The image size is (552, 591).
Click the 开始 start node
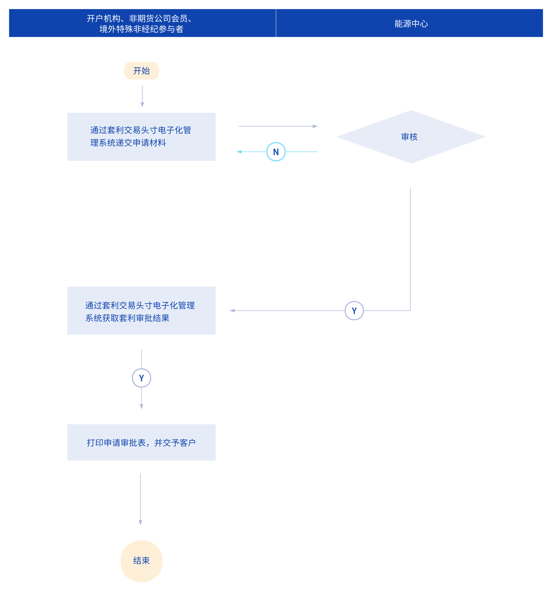(142, 71)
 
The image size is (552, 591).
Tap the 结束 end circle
(142, 561)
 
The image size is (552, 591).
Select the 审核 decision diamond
(411, 137)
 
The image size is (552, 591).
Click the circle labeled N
(276, 152)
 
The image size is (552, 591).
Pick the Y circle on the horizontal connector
(354, 311)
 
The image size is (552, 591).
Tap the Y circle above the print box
(142, 378)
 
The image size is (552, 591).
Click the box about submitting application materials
(142, 137)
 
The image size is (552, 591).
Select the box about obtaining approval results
(142, 311)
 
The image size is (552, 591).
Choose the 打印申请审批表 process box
(142, 442)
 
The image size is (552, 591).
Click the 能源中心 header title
(411, 24)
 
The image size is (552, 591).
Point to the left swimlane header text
(141, 24)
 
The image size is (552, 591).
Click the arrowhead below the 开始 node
(142, 105)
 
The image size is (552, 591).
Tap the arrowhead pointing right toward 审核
(315, 126)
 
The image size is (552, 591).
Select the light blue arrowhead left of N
(239, 152)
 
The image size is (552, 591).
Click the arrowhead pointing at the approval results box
(232, 311)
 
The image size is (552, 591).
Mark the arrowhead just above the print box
(142, 407)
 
